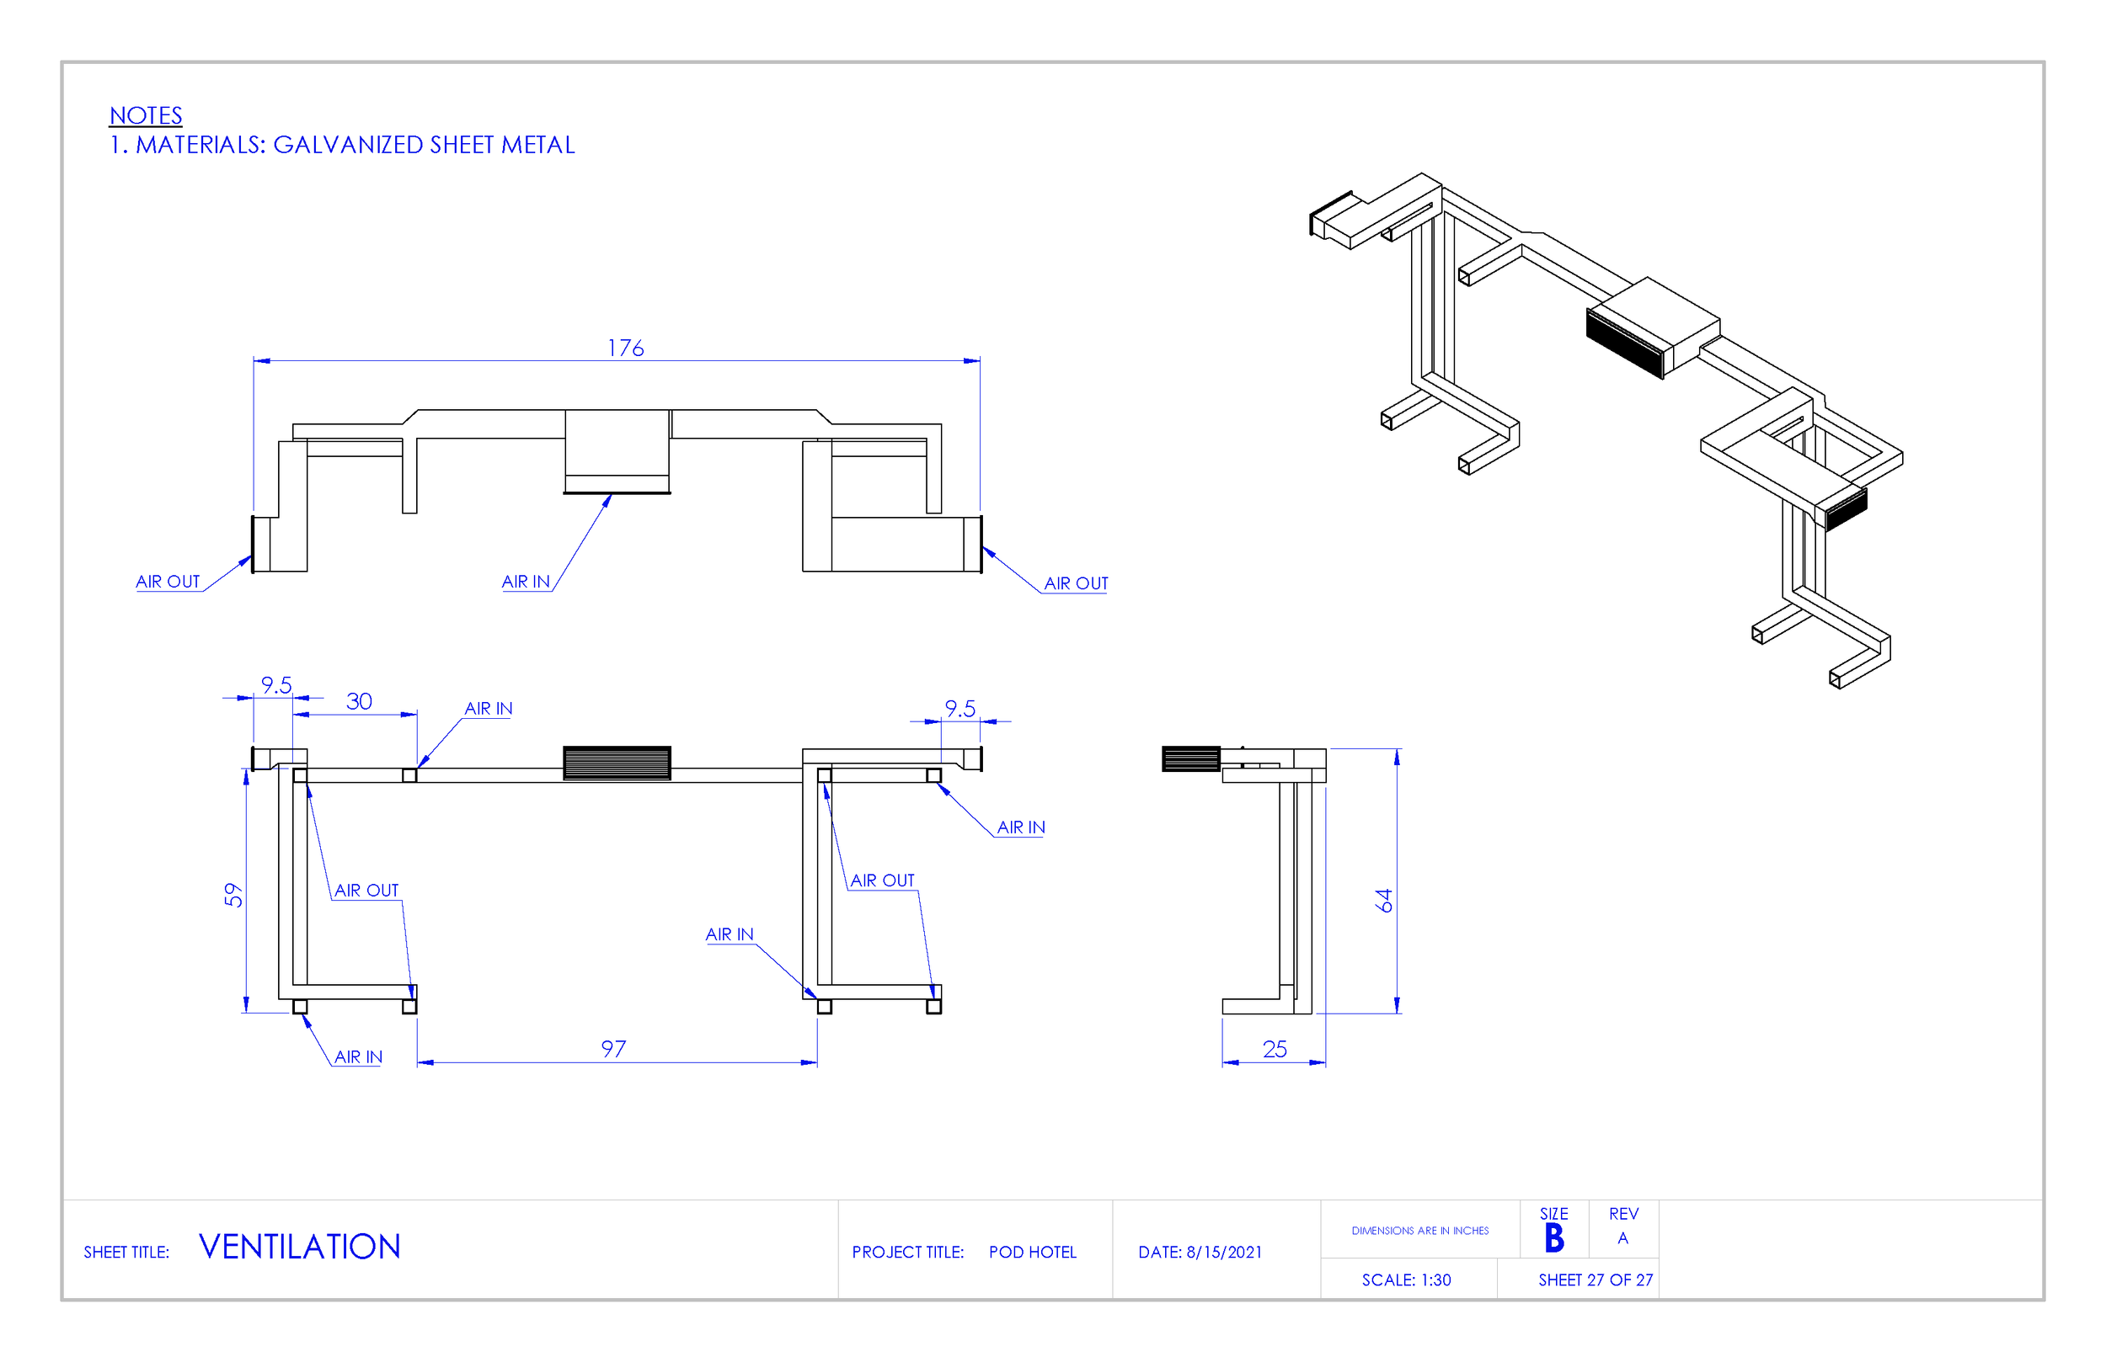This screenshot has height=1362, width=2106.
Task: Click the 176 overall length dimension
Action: click(x=625, y=348)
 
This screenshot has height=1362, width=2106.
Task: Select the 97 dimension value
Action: click(x=613, y=1049)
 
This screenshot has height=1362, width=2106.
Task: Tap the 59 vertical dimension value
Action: click(x=233, y=894)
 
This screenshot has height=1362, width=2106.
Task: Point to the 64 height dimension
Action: click(x=1384, y=901)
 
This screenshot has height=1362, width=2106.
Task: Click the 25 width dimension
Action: click(x=1275, y=1049)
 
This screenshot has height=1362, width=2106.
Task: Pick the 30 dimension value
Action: click(x=358, y=701)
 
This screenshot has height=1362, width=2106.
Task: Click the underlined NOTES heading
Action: click(x=146, y=116)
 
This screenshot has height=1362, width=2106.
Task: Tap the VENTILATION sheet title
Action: click(x=299, y=1247)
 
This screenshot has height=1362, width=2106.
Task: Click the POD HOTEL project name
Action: click(x=1032, y=1253)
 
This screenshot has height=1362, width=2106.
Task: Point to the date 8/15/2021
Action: click(x=1224, y=1253)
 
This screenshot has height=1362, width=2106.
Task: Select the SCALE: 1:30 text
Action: click(x=1406, y=1280)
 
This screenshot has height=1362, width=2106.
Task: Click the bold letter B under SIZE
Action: click(x=1554, y=1238)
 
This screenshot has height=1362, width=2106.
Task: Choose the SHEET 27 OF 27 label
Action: click(x=1596, y=1280)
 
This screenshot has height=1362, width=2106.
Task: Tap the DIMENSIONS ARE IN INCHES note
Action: click(x=1419, y=1230)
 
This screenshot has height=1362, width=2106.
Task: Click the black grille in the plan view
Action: click(x=617, y=763)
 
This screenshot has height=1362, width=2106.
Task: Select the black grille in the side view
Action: click(x=1190, y=758)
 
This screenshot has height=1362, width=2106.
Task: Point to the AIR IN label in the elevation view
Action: click(x=526, y=582)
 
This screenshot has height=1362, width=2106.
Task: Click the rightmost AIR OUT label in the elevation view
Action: click(x=1075, y=583)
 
